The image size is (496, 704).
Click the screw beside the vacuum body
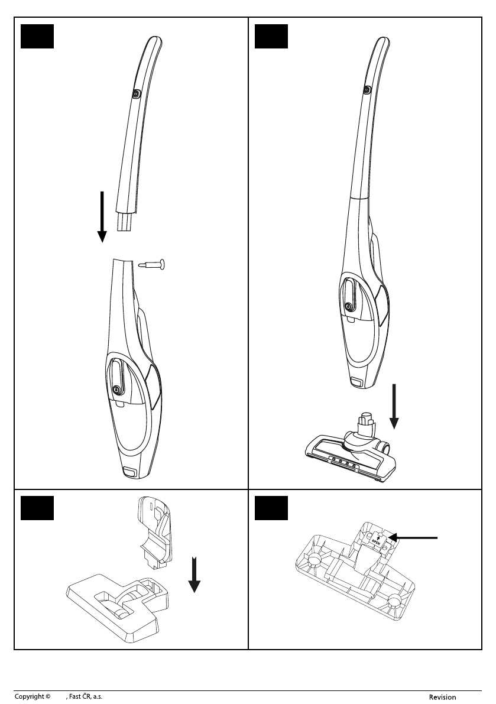[x=151, y=264]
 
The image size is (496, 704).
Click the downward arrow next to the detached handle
[x=102, y=216]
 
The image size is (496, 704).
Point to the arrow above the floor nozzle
[x=394, y=407]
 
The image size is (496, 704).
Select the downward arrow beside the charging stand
[x=194, y=574]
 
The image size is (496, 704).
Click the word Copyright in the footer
[x=29, y=697]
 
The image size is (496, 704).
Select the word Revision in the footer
[x=442, y=697]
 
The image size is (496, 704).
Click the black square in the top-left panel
[x=37, y=37]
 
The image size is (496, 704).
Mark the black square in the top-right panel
[x=271, y=37]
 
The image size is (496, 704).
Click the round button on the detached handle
[x=137, y=93]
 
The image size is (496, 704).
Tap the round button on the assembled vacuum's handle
[x=367, y=90]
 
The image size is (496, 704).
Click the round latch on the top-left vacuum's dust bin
[x=116, y=388]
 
